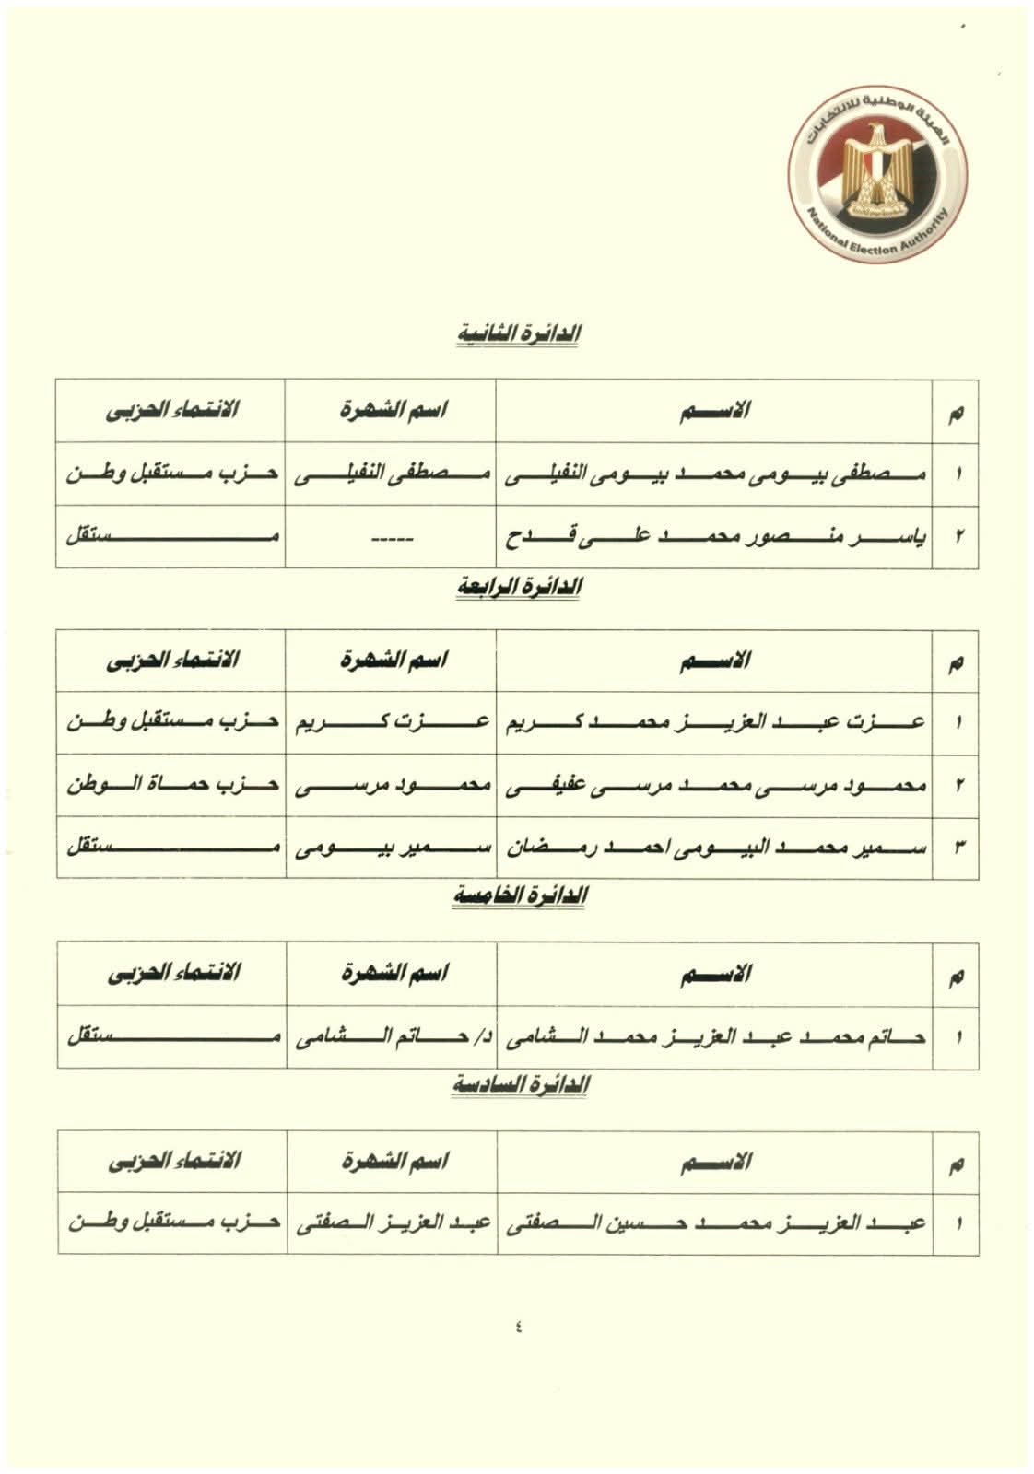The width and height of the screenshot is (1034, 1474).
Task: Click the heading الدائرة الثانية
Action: pos(519,334)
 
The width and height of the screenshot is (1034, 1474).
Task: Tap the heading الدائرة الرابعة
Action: pos(519,587)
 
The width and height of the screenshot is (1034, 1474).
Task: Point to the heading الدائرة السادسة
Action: pos(519,1085)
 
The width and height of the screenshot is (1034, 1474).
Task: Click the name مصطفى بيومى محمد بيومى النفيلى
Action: pos(712,474)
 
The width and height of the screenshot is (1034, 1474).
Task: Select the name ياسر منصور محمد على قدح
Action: pos(712,536)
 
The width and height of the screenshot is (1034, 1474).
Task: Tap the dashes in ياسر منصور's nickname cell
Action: pos(389,536)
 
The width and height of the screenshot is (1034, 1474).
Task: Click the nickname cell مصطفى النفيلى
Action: pos(389,474)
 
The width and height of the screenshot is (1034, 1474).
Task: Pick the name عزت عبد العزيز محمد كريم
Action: pos(712,723)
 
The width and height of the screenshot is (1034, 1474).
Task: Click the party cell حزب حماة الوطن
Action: pos(170,786)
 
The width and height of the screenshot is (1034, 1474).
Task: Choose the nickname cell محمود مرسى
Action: pos(389,786)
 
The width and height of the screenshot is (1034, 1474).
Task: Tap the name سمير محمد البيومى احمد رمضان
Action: pos(712,848)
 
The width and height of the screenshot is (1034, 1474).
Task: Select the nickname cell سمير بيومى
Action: pos(389,848)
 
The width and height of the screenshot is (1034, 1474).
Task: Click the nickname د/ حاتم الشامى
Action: pos(389,1037)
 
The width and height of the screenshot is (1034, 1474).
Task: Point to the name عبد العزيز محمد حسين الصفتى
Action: pos(712,1224)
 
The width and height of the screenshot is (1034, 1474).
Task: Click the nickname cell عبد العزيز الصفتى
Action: pos(389,1224)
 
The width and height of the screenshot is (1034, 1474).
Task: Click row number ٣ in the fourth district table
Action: pos(957,848)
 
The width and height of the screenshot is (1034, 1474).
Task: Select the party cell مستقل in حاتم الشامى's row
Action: pos(170,1037)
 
